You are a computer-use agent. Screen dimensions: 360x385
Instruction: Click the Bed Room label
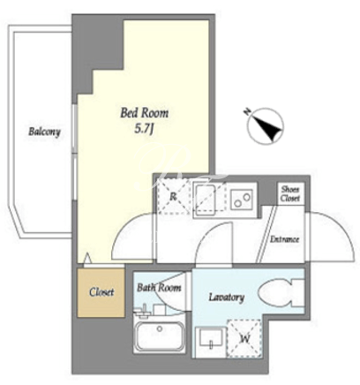[145, 113]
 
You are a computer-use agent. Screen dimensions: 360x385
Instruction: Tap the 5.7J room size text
[144, 129]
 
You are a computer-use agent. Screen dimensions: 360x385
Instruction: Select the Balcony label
[44, 132]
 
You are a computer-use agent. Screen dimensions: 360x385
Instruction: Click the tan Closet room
[101, 292]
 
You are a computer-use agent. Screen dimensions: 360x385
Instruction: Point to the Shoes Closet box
[290, 193]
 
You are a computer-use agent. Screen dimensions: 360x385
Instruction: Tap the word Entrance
[284, 239]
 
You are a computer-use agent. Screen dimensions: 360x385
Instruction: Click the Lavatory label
[227, 298]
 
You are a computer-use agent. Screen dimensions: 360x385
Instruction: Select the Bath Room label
[159, 288]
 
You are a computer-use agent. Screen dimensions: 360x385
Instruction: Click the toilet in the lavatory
[281, 293]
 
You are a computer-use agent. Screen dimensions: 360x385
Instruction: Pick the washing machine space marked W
[244, 339]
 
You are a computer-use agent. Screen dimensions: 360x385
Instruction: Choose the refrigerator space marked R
[173, 196]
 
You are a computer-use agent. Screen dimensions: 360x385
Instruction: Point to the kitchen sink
[206, 198]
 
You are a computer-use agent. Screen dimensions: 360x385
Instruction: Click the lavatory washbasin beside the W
[211, 337]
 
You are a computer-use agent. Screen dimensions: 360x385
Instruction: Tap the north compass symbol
[266, 126]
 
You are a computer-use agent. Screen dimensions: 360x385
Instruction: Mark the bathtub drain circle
[160, 328]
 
